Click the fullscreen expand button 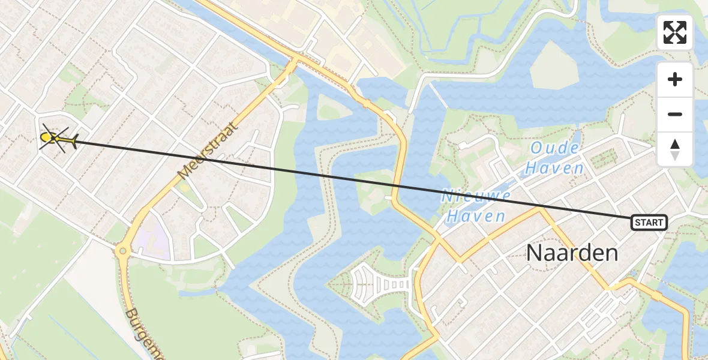pos(675,32)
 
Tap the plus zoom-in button pos(675,79)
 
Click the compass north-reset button pos(675,149)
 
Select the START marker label pos(649,223)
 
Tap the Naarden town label pos(572,253)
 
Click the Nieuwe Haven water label pos(476,205)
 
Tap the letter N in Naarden pos(534,253)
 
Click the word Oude pos(555,149)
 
